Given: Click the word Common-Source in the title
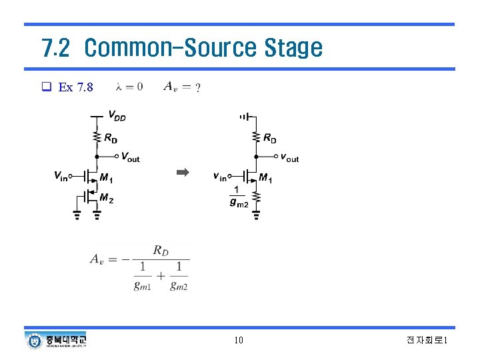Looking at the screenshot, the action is tap(171, 48).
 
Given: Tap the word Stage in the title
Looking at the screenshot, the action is tap(293, 48).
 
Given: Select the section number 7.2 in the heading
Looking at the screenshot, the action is tap(55, 48).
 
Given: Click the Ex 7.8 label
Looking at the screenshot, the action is tap(76, 87).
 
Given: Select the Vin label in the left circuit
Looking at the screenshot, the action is tap(61, 176).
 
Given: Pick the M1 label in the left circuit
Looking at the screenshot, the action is tap(106, 178).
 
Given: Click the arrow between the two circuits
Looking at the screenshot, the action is tap(183, 173).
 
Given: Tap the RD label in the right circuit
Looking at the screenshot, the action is tap(269, 139).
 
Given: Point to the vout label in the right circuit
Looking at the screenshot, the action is tap(289, 158).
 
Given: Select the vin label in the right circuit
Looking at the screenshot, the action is tap(219, 176).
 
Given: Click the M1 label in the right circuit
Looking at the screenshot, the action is tap(265, 178).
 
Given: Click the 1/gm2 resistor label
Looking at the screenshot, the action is tap(238, 197).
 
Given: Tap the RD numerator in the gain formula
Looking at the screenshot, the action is tap(161, 251).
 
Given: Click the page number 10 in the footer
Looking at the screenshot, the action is tap(239, 341).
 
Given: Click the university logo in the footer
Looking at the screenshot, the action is tap(57, 341).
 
